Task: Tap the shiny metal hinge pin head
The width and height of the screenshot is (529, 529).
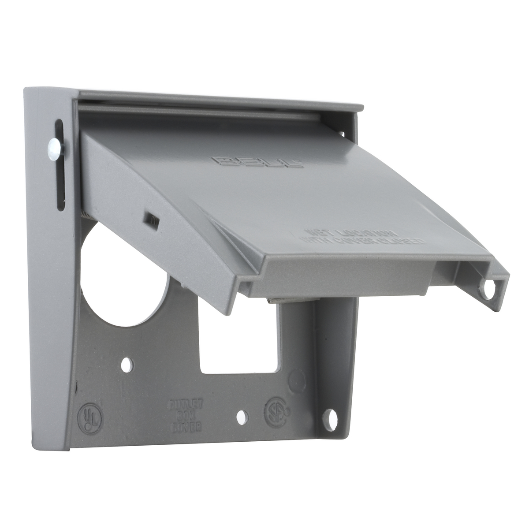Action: (x=54, y=145)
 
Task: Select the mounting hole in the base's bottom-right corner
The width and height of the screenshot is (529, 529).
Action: (x=330, y=417)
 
